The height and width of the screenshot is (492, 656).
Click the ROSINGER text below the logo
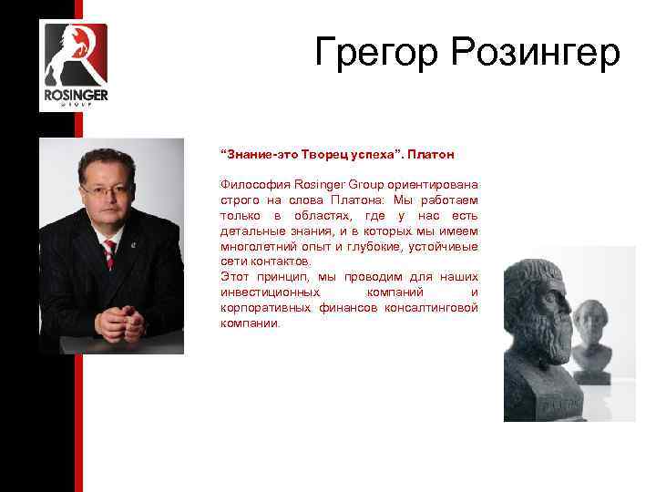[x=75, y=95]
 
